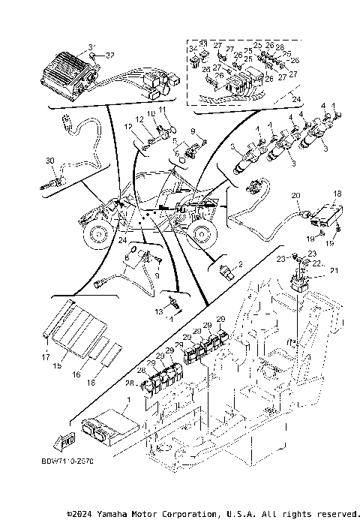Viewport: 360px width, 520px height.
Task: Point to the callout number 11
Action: coord(163,110)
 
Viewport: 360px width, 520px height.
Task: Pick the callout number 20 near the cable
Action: coord(296,195)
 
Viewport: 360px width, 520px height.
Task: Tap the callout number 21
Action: coord(334,270)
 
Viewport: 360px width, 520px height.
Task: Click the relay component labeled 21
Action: coord(300,284)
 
